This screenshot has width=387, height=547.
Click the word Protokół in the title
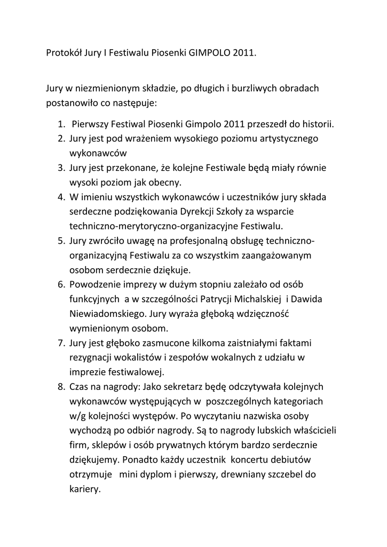[x=63, y=54]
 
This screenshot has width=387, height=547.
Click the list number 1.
[x=61, y=124]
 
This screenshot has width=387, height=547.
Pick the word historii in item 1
[x=318, y=124]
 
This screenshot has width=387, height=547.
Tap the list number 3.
[x=61, y=168]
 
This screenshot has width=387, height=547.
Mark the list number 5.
[x=61, y=240]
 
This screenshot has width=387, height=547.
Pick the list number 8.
[x=61, y=385]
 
